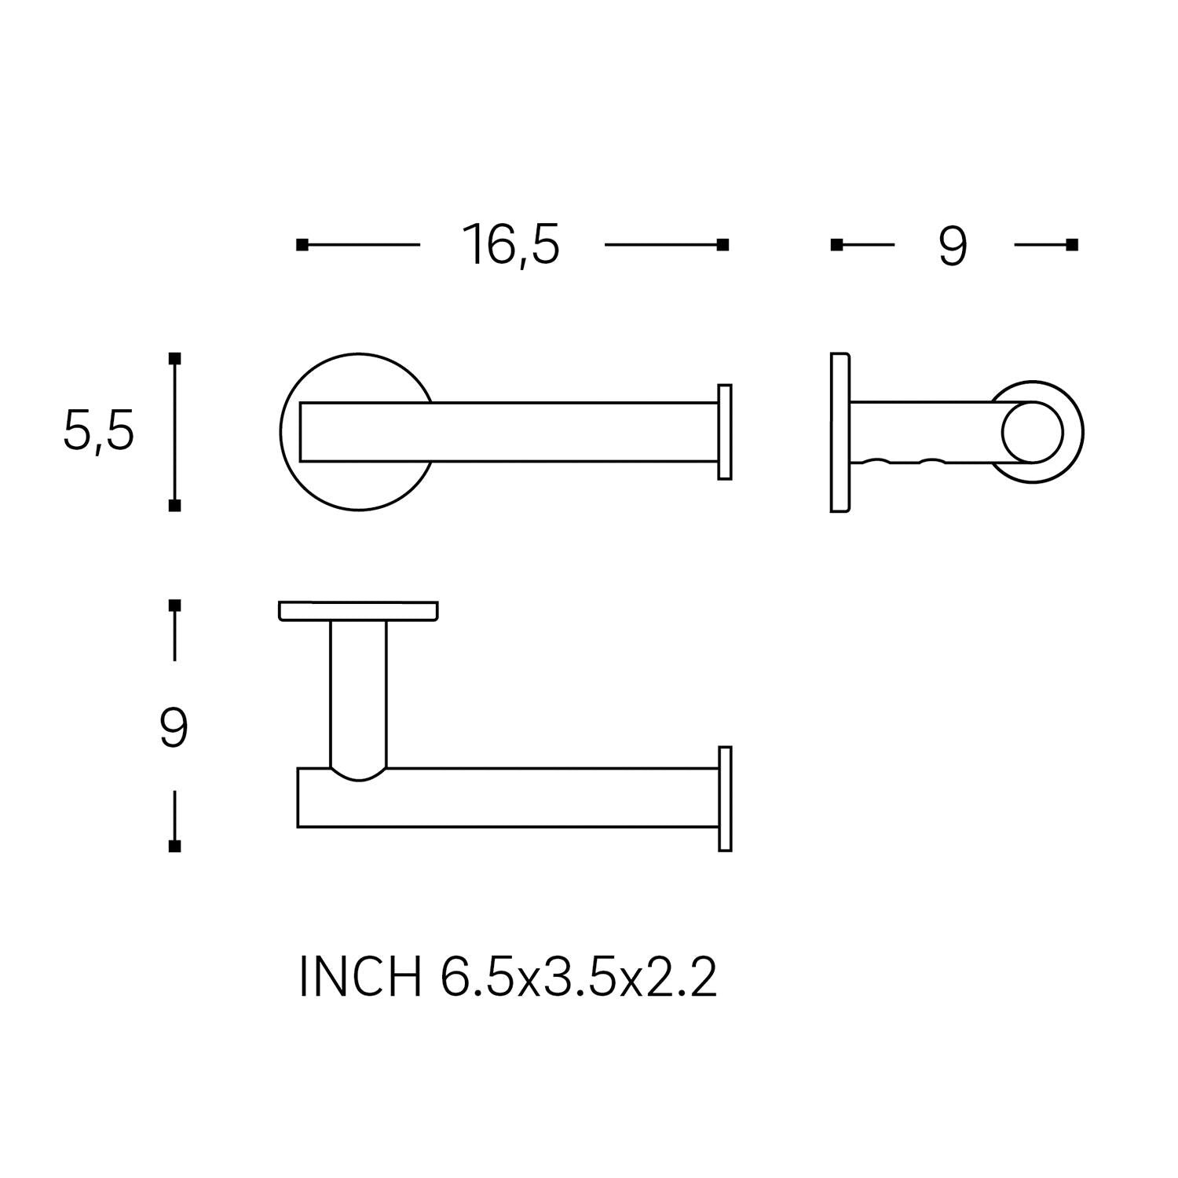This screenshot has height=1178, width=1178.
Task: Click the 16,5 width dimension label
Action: (511, 245)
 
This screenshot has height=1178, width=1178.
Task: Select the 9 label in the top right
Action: (953, 247)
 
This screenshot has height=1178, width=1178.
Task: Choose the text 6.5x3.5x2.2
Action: (579, 979)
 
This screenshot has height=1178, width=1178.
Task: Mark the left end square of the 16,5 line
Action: (302, 245)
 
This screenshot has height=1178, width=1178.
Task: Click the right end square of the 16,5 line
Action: (723, 245)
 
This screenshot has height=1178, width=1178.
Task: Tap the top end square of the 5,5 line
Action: (175, 359)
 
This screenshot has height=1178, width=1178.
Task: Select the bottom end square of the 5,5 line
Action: (175, 506)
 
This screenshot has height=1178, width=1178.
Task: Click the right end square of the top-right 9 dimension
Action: (1072, 245)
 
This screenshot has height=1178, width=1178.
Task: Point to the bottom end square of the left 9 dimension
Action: (175, 846)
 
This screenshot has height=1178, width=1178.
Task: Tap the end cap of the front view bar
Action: (725, 432)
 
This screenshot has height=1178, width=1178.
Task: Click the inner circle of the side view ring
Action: (1032, 433)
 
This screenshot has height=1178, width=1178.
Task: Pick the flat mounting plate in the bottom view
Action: (358, 611)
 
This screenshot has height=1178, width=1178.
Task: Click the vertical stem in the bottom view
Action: (359, 691)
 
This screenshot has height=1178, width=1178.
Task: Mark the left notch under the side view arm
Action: (877, 461)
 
